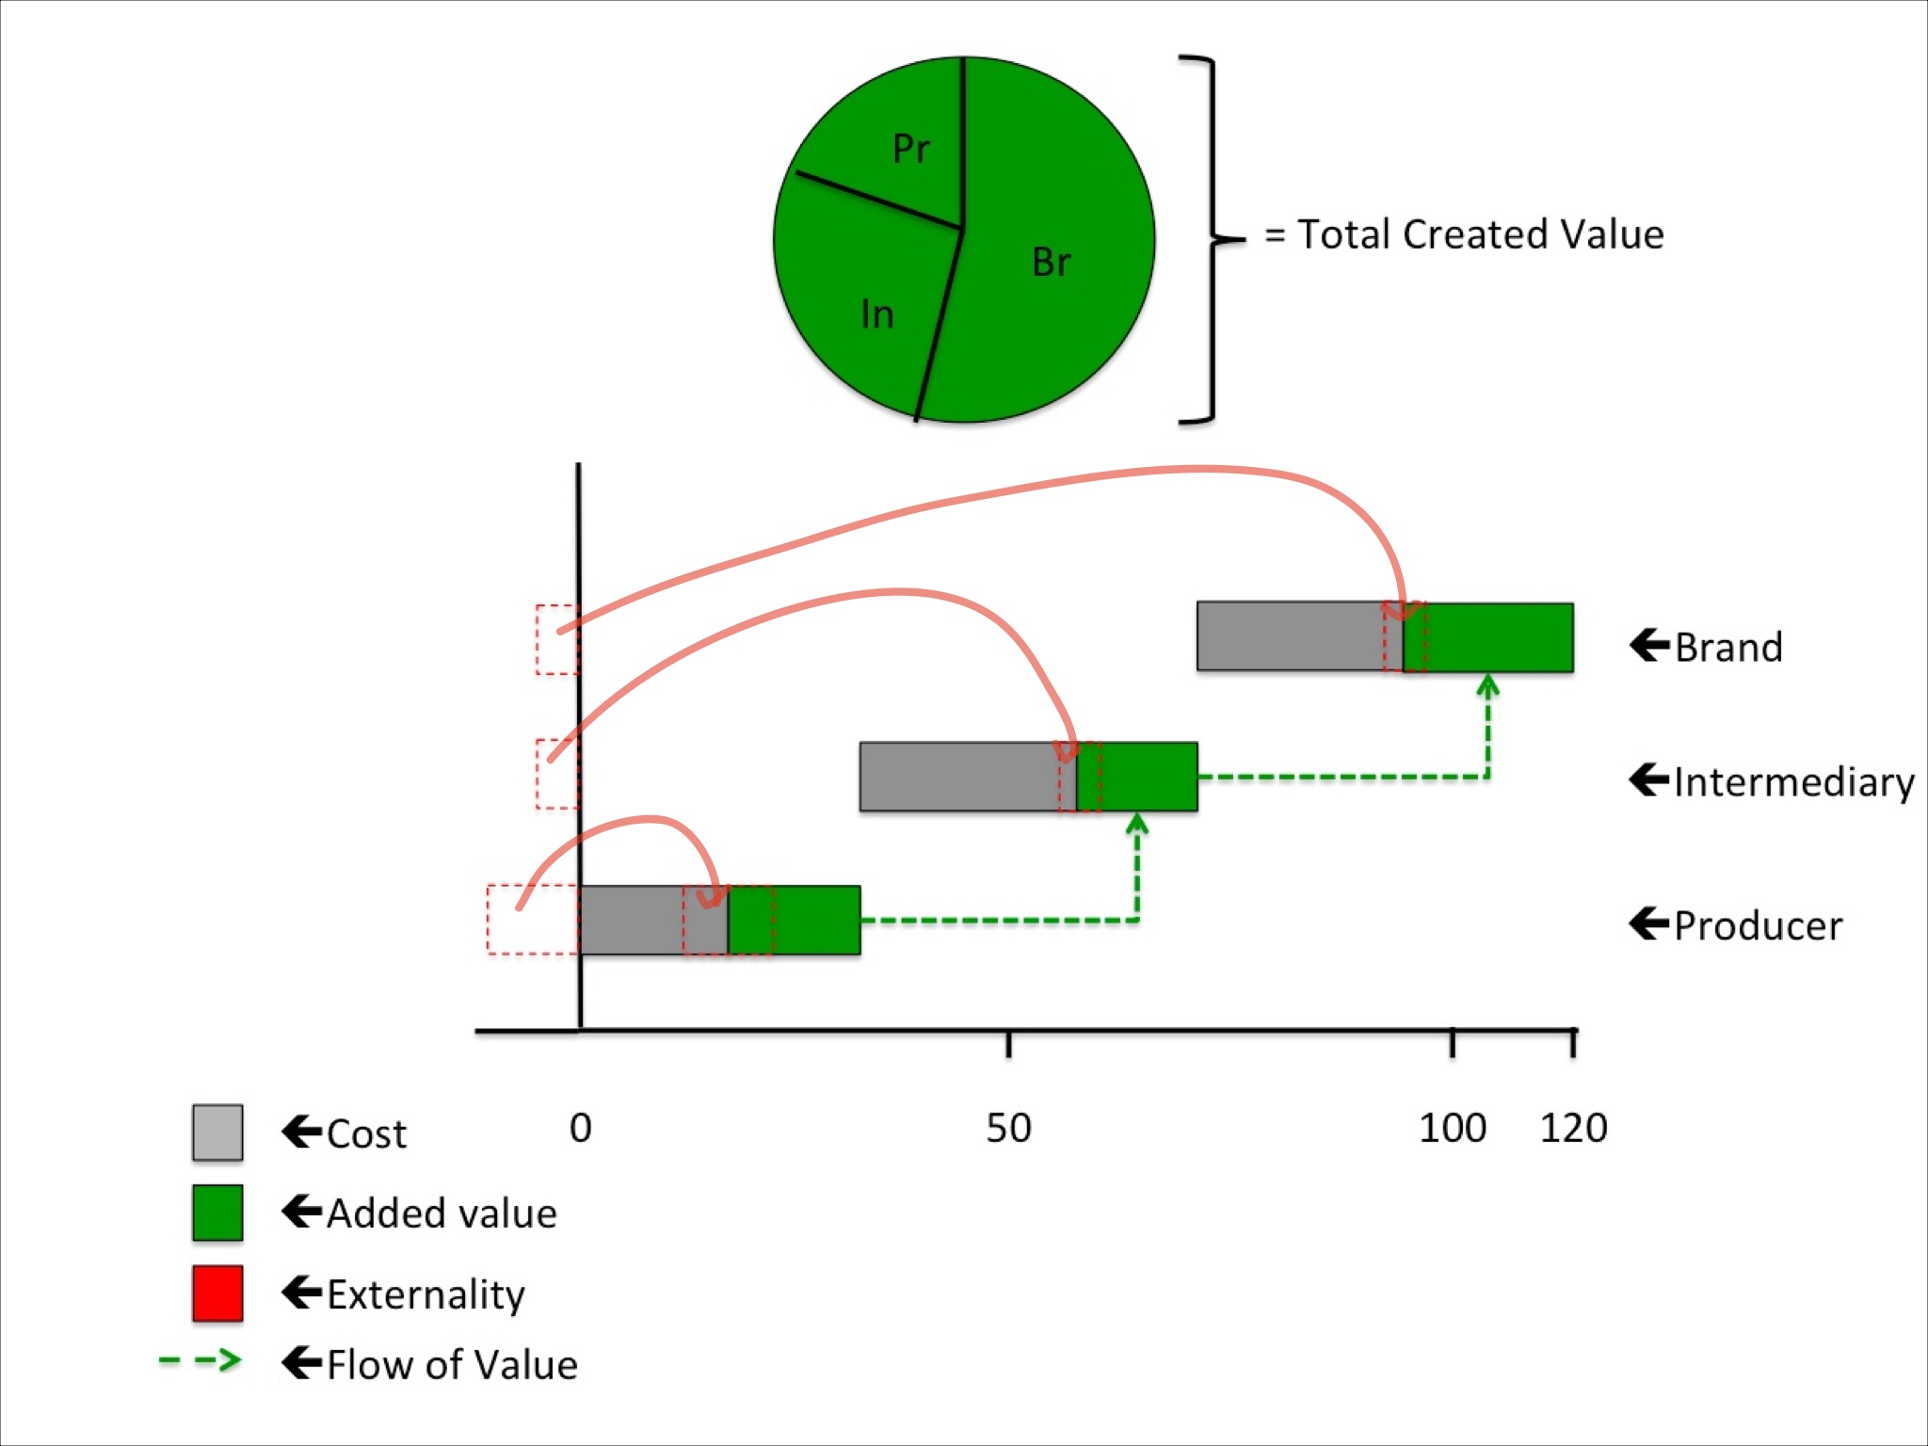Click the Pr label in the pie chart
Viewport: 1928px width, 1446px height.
pos(910,149)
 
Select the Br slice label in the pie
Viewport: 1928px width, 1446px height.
pos(1051,263)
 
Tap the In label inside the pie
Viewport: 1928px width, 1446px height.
pos(877,314)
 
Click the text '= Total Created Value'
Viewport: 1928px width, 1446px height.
pos(1464,234)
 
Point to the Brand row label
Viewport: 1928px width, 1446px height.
pos(1727,648)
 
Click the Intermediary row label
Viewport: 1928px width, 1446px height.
pos(1793,782)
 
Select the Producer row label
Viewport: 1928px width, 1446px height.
pos(1757,926)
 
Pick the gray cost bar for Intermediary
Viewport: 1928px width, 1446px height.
pos(956,777)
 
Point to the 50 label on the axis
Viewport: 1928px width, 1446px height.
pos(1008,1128)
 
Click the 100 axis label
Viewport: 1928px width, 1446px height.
pos(1452,1128)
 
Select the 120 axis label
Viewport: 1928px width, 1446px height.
pos(1573,1128)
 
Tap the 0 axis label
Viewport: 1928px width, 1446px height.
pos(580,1128)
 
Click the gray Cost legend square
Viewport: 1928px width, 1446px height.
pos(217,1133)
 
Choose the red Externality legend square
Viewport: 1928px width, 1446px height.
pos(217,1293)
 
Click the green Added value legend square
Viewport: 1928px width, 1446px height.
pos(217,1213)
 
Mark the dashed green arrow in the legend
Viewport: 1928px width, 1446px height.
pos(201,1361)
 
